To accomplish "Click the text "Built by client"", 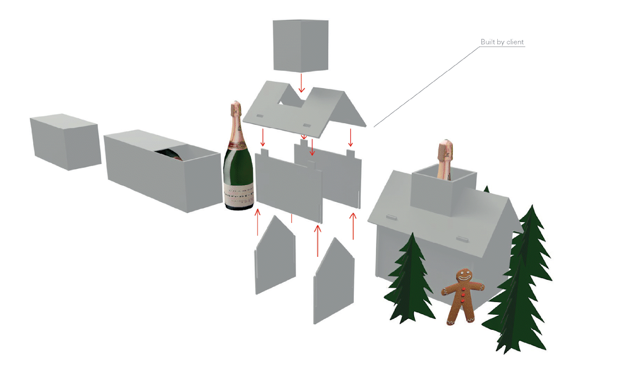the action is point(502,42).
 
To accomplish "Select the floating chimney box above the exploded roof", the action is point(301,46).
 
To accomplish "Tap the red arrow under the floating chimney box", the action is point(302,83).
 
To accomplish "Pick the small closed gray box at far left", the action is point(66,142).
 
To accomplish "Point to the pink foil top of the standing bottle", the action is point(236,109).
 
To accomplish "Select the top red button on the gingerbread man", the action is point(464,288).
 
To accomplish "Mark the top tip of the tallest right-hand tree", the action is point(532,205).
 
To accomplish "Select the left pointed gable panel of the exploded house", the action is point(275,255).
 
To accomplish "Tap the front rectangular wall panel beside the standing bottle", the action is point(289,188).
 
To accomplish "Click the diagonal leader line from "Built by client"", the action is point(426,87).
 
